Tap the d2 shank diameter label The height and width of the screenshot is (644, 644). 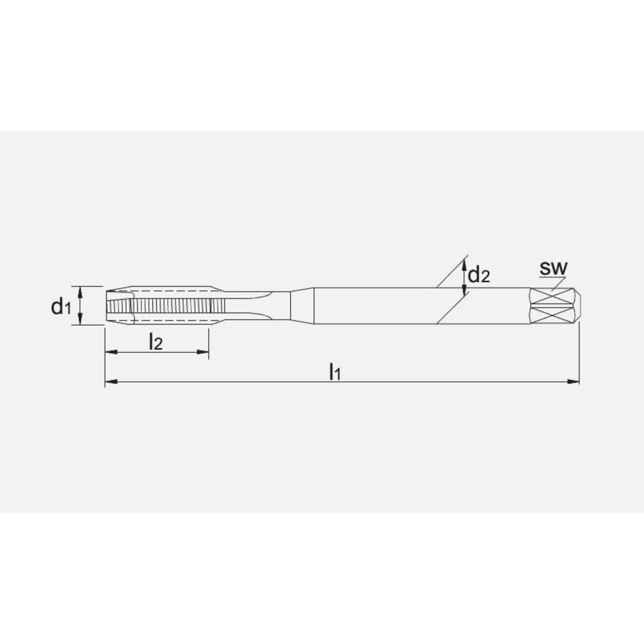478,276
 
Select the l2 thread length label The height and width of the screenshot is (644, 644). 155,342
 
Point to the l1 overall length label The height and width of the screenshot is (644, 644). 334,372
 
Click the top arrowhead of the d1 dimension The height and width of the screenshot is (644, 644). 80,291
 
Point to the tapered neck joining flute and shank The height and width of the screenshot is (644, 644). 301,305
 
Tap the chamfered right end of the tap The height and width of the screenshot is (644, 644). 577,305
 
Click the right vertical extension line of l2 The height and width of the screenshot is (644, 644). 209,341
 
